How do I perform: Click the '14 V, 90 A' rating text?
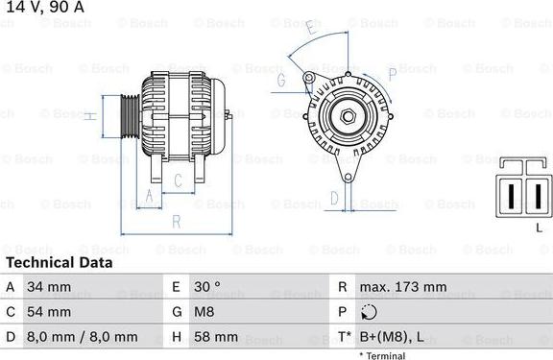(44, 8)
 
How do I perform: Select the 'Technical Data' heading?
(59, 262)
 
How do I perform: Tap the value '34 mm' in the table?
(49, 287)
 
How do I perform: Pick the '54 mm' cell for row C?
(49, 312)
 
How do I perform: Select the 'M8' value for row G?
(206, 312)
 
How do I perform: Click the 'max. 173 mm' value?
(403, 287)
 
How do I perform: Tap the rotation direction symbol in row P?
(369, 312)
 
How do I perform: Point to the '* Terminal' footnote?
(382, 355)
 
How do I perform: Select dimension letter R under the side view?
(176, 221)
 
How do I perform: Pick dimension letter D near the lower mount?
(333, 198)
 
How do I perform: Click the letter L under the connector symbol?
(540, 226)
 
